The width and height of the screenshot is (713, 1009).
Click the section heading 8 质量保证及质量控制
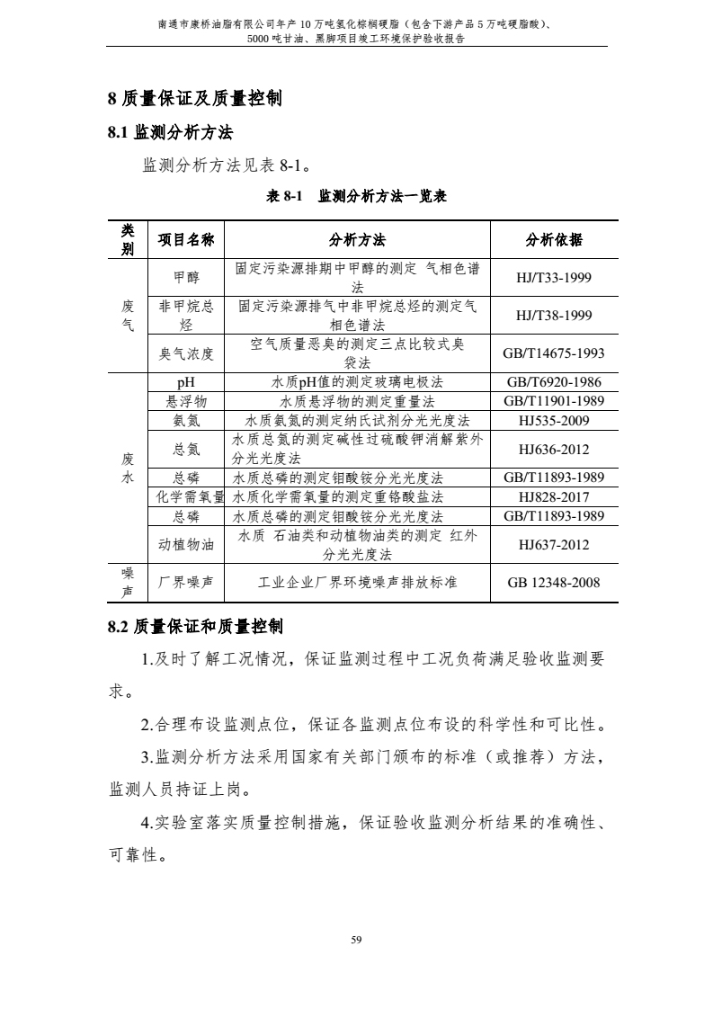[194, 99]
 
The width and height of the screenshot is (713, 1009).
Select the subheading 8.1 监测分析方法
[170, 133]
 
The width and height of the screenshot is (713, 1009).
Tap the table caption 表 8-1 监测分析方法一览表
[357, 196]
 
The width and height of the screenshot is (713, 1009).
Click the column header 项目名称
[186, 239]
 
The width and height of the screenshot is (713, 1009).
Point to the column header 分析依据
[554, 239]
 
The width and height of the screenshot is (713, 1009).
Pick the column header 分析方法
[357, 239]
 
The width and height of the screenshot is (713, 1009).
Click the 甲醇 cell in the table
[186, 277]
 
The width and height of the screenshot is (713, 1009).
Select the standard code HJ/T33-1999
[554, 277]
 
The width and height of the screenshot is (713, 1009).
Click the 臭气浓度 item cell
[186, 353]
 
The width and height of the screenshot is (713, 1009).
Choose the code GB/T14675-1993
[554, 353]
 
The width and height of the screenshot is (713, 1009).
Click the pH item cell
[186, 382]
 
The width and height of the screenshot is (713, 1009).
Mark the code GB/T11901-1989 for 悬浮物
[554, 401]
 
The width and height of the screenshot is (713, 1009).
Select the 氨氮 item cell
[186, 420]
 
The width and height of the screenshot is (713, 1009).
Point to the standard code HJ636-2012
[554, 449]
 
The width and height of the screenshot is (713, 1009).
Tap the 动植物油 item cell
[186, 544]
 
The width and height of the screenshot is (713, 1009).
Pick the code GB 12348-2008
[554, 582]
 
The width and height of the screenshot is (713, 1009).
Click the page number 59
[357, 940]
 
